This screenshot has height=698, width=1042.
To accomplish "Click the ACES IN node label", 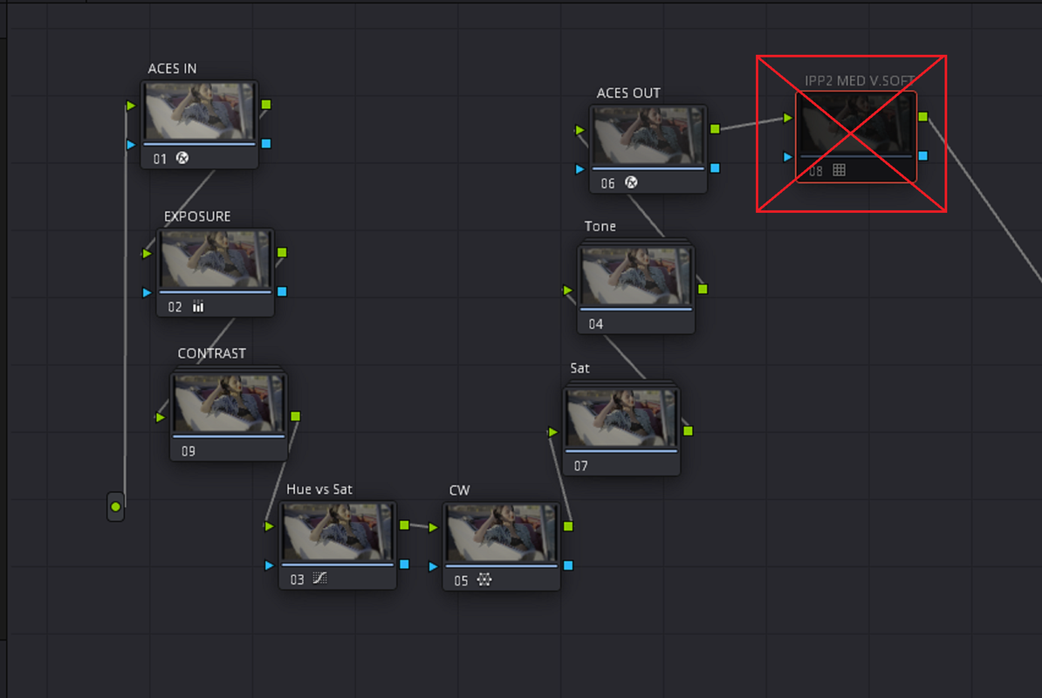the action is (x=172, y=68).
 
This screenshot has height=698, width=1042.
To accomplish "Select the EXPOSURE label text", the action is (x=197, y=216).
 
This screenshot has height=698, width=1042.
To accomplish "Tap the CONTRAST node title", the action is (x=211, y=353).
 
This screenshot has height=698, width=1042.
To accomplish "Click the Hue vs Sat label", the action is (x=319, y=489).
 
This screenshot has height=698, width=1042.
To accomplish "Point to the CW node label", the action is (x=459, y=490).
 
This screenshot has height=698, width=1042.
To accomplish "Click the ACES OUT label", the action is (x=628, y=93).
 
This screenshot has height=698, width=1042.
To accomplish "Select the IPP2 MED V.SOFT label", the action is (x=860, y=81).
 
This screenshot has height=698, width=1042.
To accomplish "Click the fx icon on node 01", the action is (x=182, y=158).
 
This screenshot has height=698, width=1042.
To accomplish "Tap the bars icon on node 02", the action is (x=198, y=306).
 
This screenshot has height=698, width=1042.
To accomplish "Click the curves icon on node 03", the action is (x=319, y=578).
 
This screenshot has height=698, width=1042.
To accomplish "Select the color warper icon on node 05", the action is (x=484, y=580).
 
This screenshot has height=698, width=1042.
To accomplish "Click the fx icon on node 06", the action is (x=631, y=182).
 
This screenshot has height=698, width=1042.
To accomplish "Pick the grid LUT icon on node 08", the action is (x=840, y=170).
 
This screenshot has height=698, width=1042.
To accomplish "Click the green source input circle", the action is (x=115, y=507).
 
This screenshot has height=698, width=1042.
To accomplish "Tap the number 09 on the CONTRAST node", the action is (x=189, y=451).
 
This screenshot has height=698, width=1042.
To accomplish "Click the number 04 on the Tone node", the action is (x=596, y=324).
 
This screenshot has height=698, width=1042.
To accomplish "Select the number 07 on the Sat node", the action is (x=581, y=466).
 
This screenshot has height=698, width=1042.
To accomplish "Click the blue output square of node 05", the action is (x=568, y=565).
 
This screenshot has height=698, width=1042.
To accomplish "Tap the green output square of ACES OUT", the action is (x=715, y=129).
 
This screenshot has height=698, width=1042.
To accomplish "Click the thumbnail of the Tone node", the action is (x=636, y=276).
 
